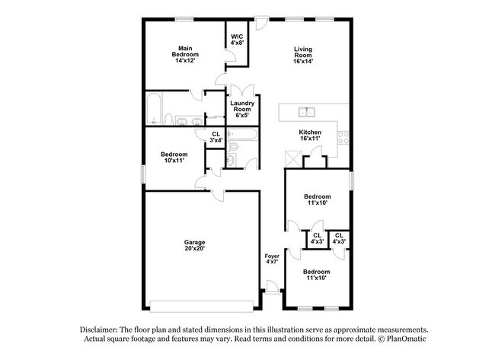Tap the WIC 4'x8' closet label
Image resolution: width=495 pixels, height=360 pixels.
[237, 40]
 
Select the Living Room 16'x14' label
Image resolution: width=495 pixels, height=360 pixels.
[304, 55]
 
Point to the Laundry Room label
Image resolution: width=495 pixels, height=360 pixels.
[242, 109]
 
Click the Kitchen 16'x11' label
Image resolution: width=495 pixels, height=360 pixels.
[310, 135]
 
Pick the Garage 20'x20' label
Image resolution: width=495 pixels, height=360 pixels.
[193, 244]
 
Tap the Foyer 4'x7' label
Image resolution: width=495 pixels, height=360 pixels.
[272, 260]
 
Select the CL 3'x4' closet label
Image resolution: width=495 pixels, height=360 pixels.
[216, 137]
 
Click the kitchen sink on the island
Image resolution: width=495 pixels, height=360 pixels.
[308, 112]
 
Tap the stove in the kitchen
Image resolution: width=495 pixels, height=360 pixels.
[343, 138]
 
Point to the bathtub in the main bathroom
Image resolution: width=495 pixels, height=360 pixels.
[152, 108]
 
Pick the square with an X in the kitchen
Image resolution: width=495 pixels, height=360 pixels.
[290, 158]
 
